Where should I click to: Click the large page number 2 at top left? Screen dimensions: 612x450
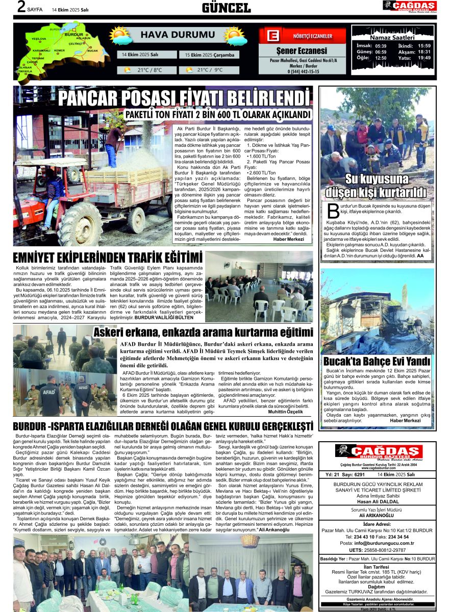coord(21,7)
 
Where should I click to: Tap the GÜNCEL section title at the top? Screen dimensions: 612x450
coord(226,7)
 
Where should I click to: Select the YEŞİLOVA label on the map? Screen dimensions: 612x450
coord(39,39)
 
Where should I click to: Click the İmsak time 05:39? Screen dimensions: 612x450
coord(381,45)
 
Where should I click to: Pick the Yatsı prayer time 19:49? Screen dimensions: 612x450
coord(424,58)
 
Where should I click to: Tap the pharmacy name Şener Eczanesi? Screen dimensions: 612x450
coord(302,51)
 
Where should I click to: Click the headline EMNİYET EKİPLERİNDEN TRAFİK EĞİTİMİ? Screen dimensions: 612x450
coord(108,258)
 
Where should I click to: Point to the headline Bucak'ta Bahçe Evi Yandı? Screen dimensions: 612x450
coord(377,362)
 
